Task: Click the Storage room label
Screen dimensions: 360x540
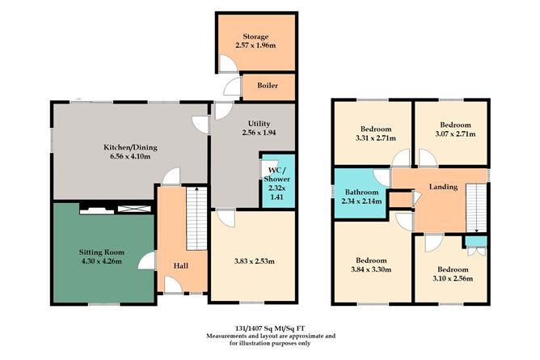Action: point(255,37)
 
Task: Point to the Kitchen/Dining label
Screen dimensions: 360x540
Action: point(129,146)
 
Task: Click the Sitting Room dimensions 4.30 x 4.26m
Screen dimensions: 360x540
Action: point(104,260)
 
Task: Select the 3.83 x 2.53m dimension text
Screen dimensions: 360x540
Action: point(252,260)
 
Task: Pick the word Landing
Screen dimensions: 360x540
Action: point(444,187)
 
